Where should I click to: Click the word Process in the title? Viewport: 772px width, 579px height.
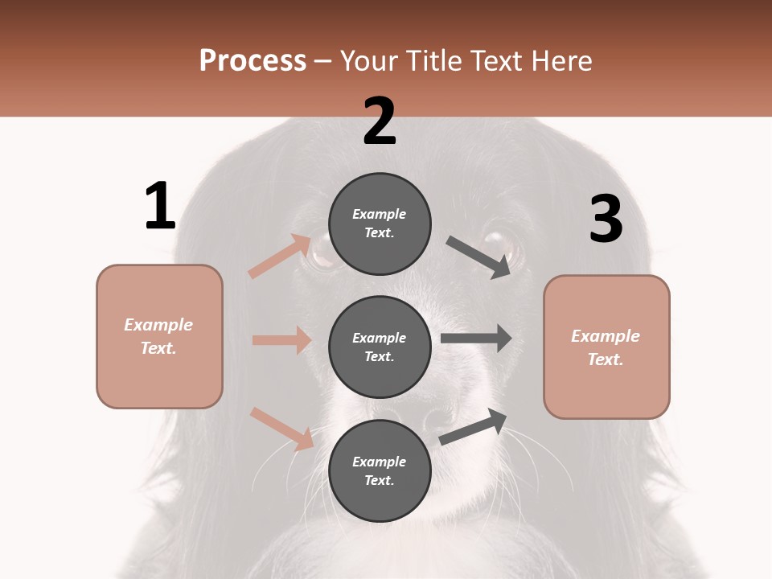253,60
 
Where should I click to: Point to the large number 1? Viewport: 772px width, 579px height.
160,207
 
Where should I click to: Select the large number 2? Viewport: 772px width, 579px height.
380,121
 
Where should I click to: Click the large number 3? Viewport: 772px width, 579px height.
606,220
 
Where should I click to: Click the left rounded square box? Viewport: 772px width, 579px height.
159,336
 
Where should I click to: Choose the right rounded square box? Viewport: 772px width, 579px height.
606,347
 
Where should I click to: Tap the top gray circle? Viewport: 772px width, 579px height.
380,224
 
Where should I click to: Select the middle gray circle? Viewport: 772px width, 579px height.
380,347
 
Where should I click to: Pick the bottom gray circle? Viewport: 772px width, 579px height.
380,470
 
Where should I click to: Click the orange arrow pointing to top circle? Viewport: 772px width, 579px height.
280,256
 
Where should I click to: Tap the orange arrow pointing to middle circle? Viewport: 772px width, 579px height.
281,340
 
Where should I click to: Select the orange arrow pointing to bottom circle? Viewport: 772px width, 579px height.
281,429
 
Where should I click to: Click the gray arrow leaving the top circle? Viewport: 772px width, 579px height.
478,257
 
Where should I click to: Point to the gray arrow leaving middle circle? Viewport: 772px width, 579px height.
476,338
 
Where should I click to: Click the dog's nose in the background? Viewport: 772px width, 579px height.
434,418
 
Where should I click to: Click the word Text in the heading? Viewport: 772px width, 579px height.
501,60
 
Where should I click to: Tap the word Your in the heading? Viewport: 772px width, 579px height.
368,60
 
